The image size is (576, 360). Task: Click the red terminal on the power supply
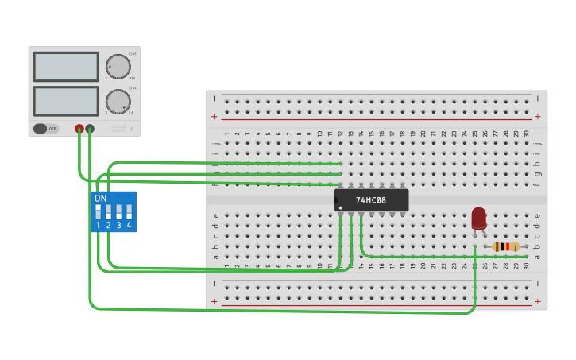click(79, 128)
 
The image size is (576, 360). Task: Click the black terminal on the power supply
click(90, 128)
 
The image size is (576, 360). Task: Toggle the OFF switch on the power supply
click(45, 128)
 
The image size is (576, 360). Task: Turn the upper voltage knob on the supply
click(118, 66)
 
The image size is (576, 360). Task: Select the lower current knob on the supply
click(118, 102)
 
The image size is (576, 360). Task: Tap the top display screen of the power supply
click(66, 67)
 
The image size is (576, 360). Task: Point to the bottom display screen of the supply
click(66, 101)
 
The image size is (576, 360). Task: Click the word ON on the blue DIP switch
click(100, 198)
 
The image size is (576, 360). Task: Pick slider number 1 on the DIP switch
click(99, 211)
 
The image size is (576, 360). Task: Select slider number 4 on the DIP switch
click(129, 211)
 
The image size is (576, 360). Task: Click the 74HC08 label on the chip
click(371, 200)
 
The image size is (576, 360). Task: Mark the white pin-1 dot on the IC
click(341, 208)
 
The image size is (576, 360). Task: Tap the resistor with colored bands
click(505, 246)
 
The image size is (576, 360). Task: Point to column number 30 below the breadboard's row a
click(526, 266)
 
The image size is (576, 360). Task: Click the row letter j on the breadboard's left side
click(216, 143)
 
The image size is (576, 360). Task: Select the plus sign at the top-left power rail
click(214, 116)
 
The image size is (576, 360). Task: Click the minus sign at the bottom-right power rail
click(538, 283)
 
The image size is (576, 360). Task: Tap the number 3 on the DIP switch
click(118, 226)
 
